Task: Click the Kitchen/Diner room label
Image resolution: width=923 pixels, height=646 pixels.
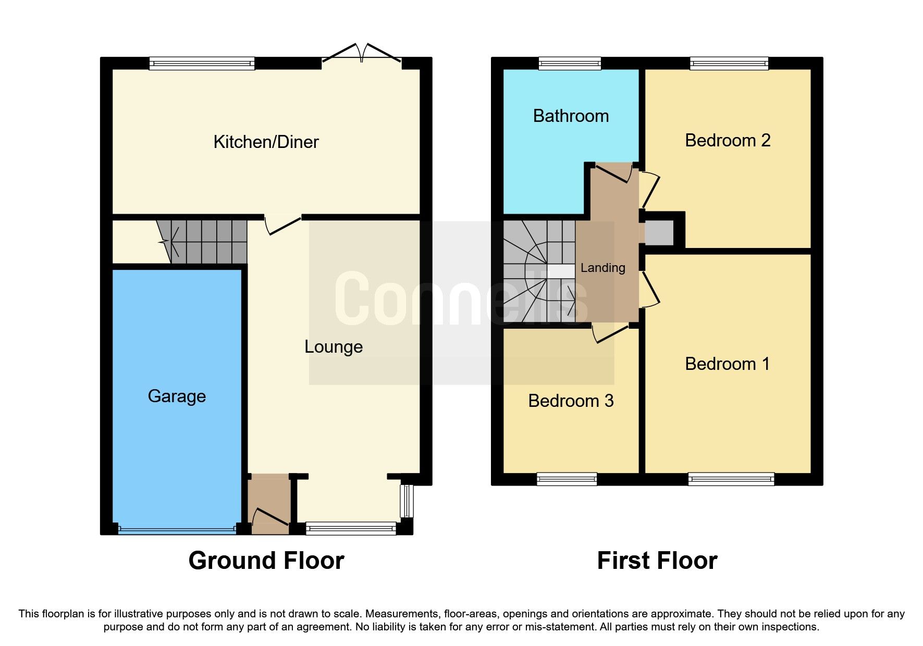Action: click(x=266, y=142)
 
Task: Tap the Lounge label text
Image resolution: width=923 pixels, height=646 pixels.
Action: click(x=334, y=347)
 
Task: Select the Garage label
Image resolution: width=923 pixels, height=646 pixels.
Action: click(x=177, y=396)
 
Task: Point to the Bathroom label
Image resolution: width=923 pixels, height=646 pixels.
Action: click(x=571, y=116)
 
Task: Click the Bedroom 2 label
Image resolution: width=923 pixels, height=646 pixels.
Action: click(x=728, y=141)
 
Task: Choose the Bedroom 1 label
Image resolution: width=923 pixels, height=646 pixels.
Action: click(x=728, y=364)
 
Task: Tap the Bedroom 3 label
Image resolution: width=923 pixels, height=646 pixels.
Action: click(x=571, y=401)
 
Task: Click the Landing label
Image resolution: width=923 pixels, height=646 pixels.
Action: click(x=602, y=268)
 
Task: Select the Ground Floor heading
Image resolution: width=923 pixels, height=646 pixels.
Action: click(x=266, y=561)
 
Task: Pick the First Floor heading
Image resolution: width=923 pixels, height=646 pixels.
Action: click(x=657, y=561)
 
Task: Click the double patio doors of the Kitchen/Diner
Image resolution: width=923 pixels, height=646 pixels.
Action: click(x=362, y=55)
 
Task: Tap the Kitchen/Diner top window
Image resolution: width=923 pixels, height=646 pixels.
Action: click(x=202, y=64)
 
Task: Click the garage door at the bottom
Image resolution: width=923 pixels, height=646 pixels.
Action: click(x=177, y=530)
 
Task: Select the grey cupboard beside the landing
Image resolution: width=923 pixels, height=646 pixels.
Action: click(x=659, y=233)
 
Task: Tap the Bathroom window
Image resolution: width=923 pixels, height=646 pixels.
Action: click(x=570, y=64)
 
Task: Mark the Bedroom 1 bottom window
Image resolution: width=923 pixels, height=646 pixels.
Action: click(x=731, y=479)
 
